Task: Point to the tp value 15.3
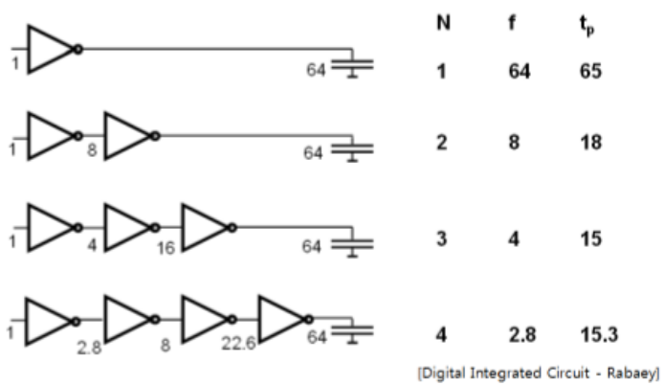point(595,336)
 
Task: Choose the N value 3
point(441,238)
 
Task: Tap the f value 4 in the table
point(515,238)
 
